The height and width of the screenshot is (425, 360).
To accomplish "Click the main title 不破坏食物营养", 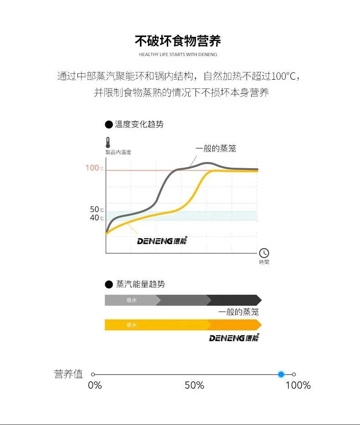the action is pyautogui.click(x=178, y=41).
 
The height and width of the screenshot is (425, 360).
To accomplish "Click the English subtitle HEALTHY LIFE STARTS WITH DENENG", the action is pyautogui.click(x=178, y=55).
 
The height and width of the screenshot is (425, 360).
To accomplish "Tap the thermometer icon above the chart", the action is pyautogui.click(x=108, y=142).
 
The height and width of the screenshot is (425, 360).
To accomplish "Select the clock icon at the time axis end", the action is pyautogui.click(x=264, y=253).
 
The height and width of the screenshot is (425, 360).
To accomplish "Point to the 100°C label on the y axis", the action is pyautogui.click(x=95, y=168).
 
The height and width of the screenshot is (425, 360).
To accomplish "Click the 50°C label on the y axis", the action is pyautogui.click(x=97, y=210).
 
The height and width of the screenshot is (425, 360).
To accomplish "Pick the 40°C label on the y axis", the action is pyautogui.click(x=97, y=218).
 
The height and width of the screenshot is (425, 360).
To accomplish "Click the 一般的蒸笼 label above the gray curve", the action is pyautogui.click(x=216, y=148).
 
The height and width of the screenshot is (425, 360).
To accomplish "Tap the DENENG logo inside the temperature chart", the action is pyautogui.click(x=162, y=241).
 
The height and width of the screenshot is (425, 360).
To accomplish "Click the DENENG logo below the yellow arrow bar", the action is pyautogui.click(x=234, y=338).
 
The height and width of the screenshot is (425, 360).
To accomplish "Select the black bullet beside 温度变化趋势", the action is pyautogui.click(x=109, y=124).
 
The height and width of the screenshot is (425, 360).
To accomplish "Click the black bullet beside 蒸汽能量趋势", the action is pyautogui.click(x=109, y=284).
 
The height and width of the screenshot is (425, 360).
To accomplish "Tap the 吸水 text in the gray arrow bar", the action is pyautogui.click(x=132, y=300).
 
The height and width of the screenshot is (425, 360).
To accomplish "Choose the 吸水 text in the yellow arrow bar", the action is pyautogui.click(x=132, y=325).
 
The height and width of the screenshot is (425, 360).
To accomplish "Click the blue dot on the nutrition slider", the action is pyautogui.click(x=281, y=374).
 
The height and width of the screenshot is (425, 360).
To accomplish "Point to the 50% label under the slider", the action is pyautogui.click(x=195, y=385).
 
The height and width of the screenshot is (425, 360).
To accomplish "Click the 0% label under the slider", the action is pyautogui.click(x=95, y=385).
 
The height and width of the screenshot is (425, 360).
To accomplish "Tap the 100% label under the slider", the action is pyautogui.click(x=298, y=385).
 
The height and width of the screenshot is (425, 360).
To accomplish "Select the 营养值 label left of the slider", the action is pyautogui.click(x=68, y=374).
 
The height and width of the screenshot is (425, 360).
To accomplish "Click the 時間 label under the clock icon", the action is pyautogui.click(x=264, y=262).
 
